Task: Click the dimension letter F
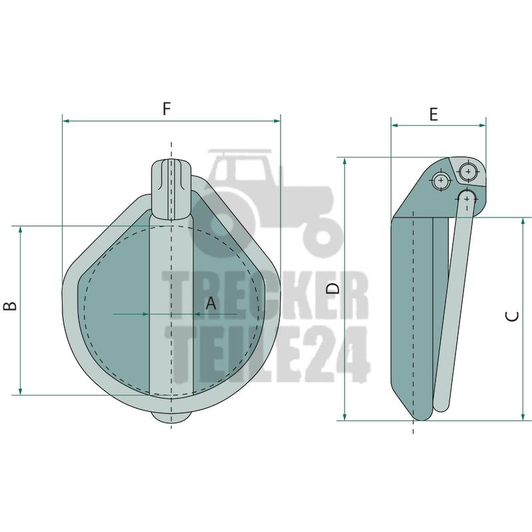tap(166, 108)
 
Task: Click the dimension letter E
tap(434, 114)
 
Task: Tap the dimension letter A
tap(211, 303)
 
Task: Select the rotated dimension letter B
tap(10, 306)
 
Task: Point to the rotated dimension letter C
tap(512, 316)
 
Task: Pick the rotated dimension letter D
tap(333, 289)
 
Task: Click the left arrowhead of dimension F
tap(66, 121)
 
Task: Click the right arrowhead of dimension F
tap(277, 121)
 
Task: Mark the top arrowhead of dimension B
tap(21, 229)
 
